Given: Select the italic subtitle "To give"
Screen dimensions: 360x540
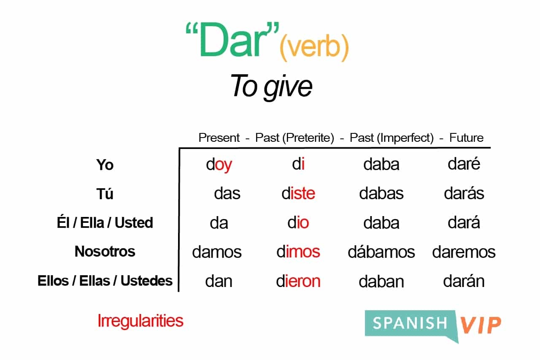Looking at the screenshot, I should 271,87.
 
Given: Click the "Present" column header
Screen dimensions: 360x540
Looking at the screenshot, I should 219,138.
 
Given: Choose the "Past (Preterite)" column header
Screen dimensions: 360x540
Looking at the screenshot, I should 294,138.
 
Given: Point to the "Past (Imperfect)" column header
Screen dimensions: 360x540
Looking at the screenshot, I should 391,138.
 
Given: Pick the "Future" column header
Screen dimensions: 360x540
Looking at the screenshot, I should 466,138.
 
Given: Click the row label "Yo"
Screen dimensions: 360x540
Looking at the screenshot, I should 105,165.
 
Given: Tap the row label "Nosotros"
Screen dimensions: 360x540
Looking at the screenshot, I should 105,252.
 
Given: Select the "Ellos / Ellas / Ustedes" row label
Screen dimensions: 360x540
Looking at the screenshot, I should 105,281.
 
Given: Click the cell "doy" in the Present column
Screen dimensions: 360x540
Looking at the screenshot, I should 219,165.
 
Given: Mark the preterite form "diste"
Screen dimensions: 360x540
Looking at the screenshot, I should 298,193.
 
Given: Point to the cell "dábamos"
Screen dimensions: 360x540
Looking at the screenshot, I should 381,252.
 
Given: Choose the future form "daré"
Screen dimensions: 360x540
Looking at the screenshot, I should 464,164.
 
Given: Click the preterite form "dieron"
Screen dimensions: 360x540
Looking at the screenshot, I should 298,281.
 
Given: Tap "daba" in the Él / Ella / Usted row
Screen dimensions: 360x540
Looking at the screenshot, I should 381,223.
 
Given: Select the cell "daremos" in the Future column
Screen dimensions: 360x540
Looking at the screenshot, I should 464,252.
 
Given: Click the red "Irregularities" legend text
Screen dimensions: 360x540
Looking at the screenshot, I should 140,321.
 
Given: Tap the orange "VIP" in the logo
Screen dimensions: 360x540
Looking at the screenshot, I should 481,325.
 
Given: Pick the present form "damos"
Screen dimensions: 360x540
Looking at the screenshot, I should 217,252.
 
